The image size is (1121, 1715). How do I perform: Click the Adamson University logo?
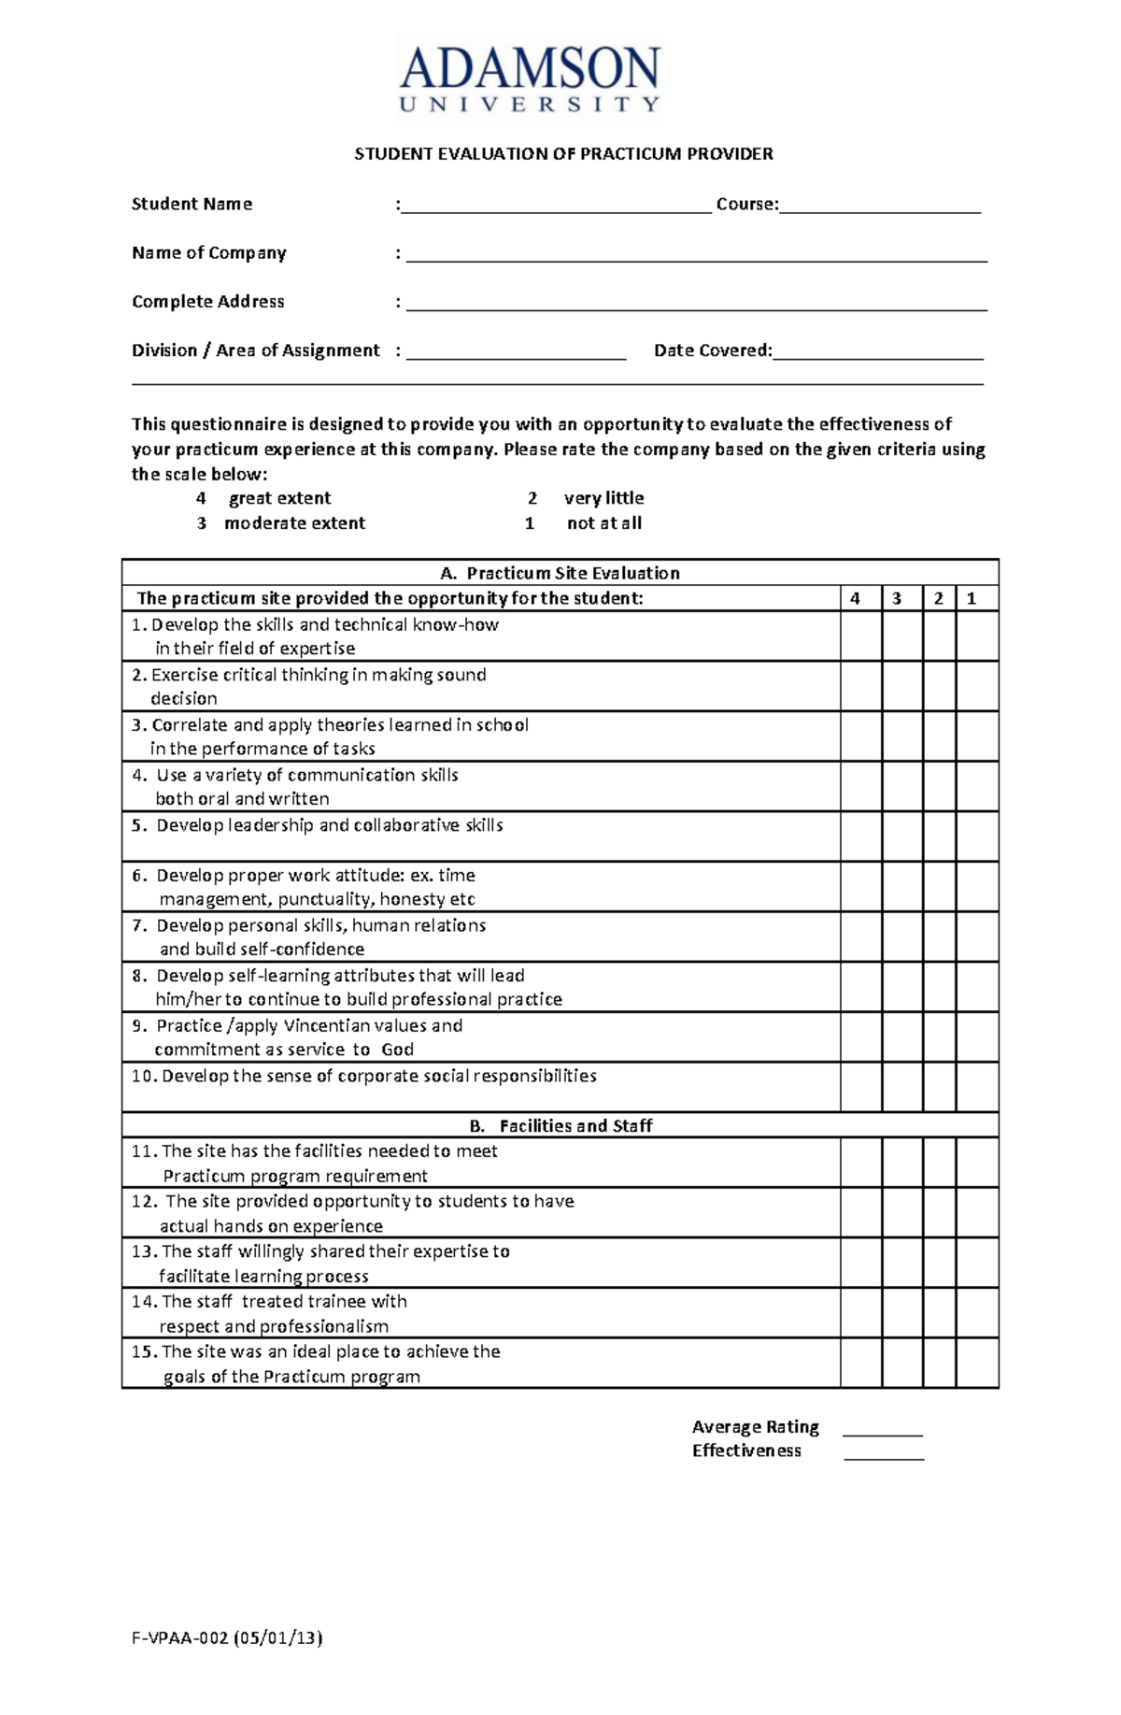click(x=530, y=79)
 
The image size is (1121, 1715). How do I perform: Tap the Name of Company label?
click(x=208, y=253)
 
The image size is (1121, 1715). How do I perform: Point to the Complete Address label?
click(x=207, y=302)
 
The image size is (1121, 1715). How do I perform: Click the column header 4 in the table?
click(x=855, y=598)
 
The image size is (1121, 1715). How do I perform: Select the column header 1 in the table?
click(x=972, y=598)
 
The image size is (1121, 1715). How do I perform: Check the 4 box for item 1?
click(x=860, y=636)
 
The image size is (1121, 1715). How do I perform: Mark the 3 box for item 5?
click(x=902, y=836)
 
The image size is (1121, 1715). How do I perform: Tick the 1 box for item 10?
click(x=977, y=1087)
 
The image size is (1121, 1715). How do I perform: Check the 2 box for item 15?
click(x=939, y=1363)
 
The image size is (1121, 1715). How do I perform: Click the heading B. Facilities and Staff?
click(x=560, y=1125)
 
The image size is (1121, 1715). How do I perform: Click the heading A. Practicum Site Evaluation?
click(x=560, y=573)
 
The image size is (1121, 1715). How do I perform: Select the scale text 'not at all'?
click(x=603, y=523)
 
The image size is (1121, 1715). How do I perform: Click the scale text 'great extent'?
click(x=279, y=498)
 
